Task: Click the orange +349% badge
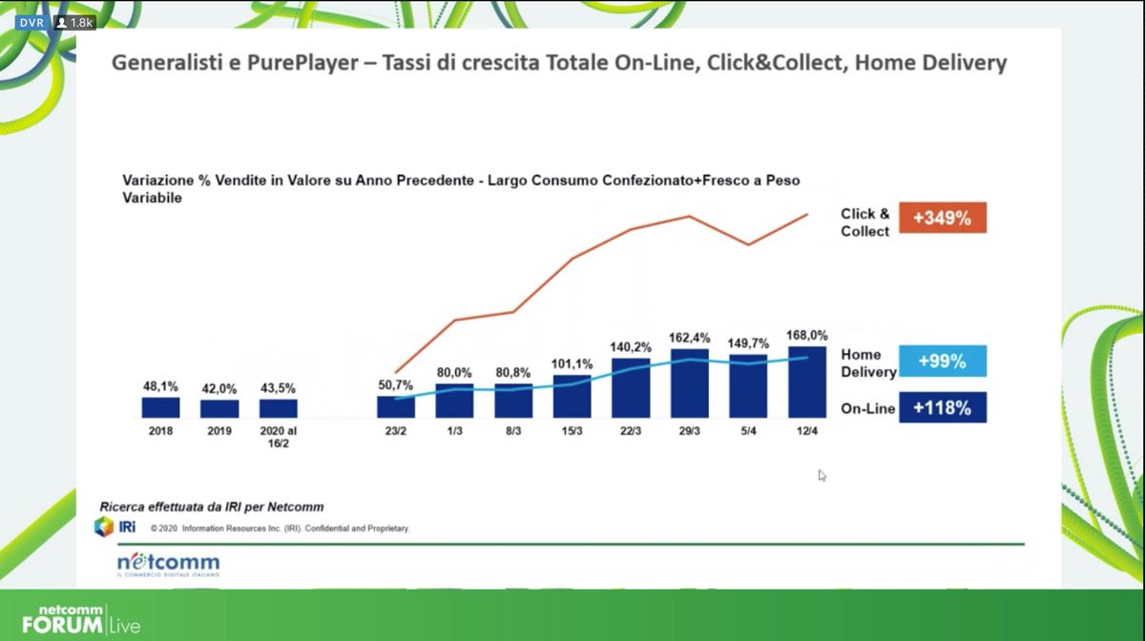point(942,218)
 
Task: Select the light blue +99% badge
point(942,362)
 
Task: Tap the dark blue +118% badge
point(942,408)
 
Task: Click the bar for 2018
point(160,407)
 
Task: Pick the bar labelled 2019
point(219,408)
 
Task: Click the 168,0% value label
point(807,335)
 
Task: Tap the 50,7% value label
point(395,384)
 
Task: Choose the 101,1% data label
point(572,363)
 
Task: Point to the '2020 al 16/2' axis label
point(278,438)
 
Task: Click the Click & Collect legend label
point(864,222)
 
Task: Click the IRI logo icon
point(104,526)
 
